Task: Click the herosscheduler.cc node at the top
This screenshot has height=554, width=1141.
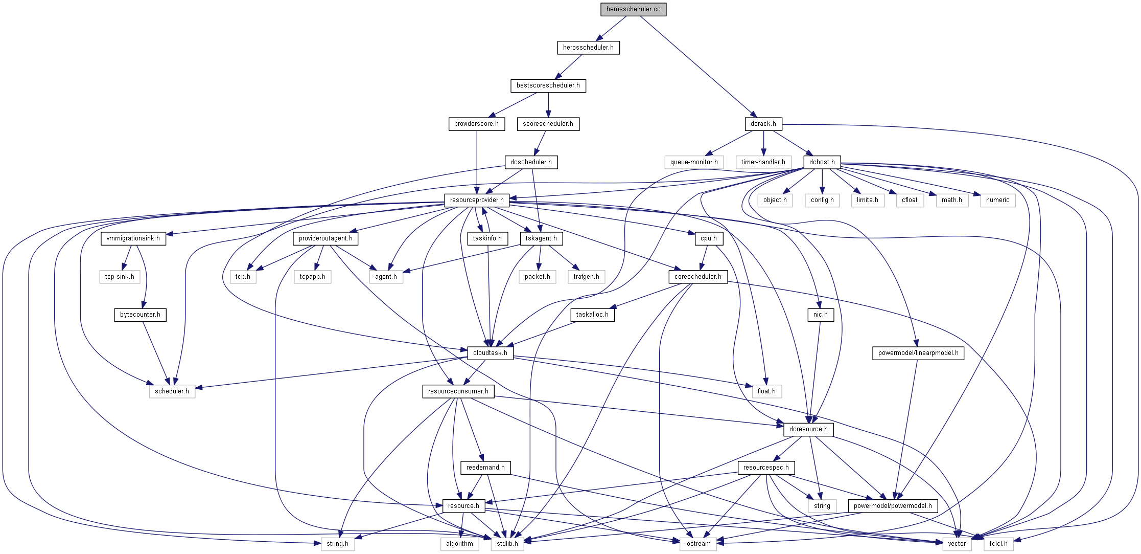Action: click(633, 9)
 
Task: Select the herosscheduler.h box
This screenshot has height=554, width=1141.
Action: click(588, 48)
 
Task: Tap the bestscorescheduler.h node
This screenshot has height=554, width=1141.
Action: click(548, 85)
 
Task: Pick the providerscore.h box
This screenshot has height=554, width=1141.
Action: click(476, 124)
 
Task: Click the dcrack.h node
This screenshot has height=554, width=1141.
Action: click(763, 124)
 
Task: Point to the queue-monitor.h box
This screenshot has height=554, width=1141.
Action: click(693, 162)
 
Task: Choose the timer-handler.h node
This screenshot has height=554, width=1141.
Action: click(763, 162)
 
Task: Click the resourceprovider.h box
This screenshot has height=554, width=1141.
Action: click(476, 200)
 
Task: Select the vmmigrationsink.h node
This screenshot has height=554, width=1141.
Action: click(133, 238)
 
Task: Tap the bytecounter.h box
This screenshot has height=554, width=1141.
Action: click(140, 315)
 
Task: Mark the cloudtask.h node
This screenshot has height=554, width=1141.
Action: click(490, 353)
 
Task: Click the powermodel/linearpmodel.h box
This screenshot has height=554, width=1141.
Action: click(918, 353)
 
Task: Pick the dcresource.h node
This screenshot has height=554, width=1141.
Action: click(808, 429)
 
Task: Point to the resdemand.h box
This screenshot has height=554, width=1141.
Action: click(485, 468)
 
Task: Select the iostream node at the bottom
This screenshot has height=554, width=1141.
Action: click(697, 544)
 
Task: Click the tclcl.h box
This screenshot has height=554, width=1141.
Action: click(998, 544)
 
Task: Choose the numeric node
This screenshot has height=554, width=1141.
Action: click(997, 200)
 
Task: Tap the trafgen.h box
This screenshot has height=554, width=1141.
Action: click(586, 277)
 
